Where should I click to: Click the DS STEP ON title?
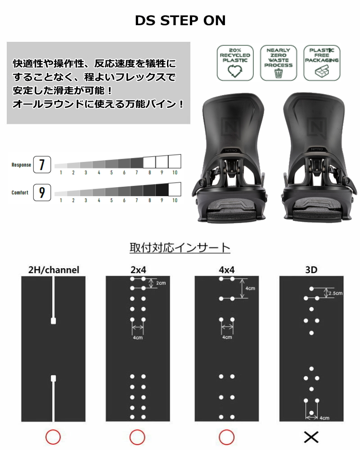tap(180, 21)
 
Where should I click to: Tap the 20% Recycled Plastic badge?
tap(235, 63)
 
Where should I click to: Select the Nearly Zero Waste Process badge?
tap(278, 63)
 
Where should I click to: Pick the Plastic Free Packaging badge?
tap(321, 63)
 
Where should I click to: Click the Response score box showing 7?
tap(42, 165)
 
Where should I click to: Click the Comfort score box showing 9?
tap(42, 193)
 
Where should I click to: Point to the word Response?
tap(21, 165)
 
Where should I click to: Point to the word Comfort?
tap(20, 193)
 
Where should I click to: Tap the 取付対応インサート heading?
tap(180, 248)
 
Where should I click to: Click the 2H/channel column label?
tap(54, 270)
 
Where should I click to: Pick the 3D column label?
tap(311, 270)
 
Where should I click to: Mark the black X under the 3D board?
tap(311, 436)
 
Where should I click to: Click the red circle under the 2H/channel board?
tap(53, 436)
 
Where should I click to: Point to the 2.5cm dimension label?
tap(336, 293)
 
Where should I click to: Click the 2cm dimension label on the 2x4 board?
tap(161, 283)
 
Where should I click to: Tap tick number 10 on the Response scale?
tap(175, 172)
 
